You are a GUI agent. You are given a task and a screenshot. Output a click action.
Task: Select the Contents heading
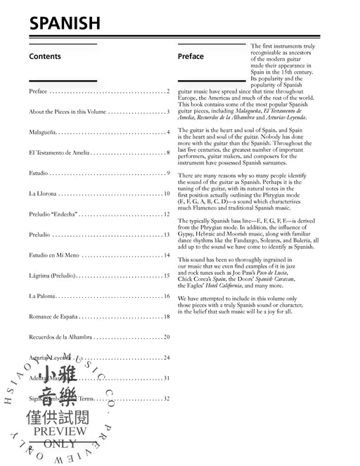tap(45, 57)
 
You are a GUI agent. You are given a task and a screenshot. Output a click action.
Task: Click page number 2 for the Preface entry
tap(168, 92)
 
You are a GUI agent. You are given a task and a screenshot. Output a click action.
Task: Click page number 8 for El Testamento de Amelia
tap(168, 153)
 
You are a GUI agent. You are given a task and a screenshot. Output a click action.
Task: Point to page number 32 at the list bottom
tap(167, 399)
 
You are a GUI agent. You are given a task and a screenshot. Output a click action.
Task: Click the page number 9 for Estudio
tap(169, 173)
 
